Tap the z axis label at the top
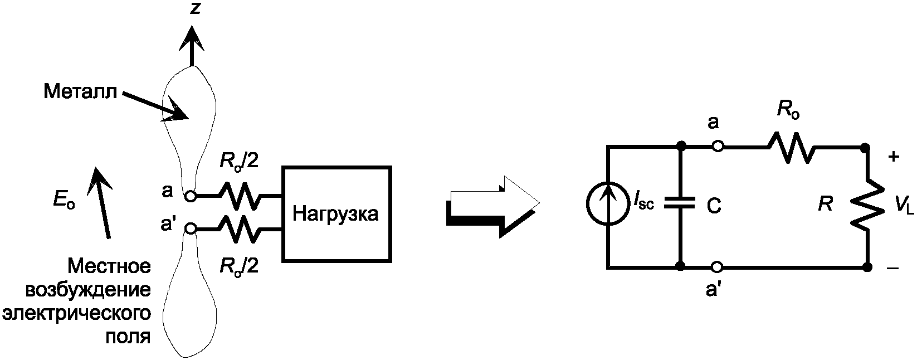[194, 9]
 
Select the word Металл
[80, 91]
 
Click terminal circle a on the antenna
[191, 196]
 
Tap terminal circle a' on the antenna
[191, 228]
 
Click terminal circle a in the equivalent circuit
[718, 147]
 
